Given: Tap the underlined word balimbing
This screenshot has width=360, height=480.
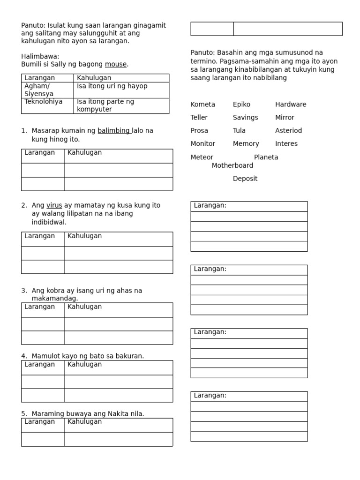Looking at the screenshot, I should coord(114,131).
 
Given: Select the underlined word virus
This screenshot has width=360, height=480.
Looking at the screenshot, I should coord(54,205).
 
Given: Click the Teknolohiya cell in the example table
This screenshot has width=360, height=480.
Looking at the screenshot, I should coord(44,102).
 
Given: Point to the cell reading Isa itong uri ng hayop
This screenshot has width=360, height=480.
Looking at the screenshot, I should coord(112,86).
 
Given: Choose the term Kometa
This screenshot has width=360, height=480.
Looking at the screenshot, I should coord(202,105).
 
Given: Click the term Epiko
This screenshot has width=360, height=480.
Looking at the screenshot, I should coord(241,105).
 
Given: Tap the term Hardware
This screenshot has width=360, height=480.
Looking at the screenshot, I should coord(291,105).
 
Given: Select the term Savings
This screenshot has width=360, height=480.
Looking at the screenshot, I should coord(245,118).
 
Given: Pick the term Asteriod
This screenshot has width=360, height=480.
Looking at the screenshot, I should coord(288,131).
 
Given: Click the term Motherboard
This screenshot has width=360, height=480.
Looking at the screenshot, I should coord(232,165).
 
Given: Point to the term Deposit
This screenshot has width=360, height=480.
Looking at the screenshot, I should coord(245,179).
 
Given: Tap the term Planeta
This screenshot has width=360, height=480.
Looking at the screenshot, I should coord(266,157).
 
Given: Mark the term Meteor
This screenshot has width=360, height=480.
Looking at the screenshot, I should coord(202,157).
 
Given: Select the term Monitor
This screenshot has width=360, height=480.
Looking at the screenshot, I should coord(202,144).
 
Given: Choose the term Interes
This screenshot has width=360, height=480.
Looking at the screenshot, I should coord(286,144).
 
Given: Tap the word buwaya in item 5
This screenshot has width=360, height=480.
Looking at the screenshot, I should coord(72,414).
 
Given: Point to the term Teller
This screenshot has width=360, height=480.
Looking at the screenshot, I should coord(199,118).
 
